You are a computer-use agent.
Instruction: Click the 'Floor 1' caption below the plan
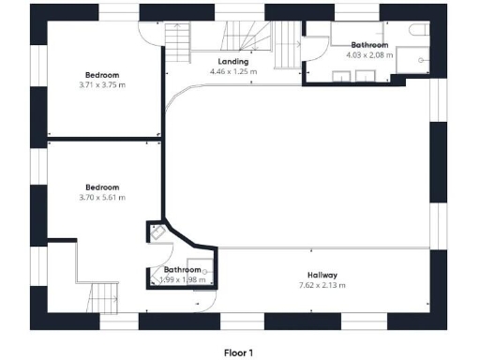click(238, 353)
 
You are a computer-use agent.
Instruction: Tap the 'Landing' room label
click(228, 62)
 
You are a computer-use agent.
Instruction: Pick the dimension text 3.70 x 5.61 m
click(103, 197)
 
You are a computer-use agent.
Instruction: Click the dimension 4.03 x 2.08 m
click(370, 54)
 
